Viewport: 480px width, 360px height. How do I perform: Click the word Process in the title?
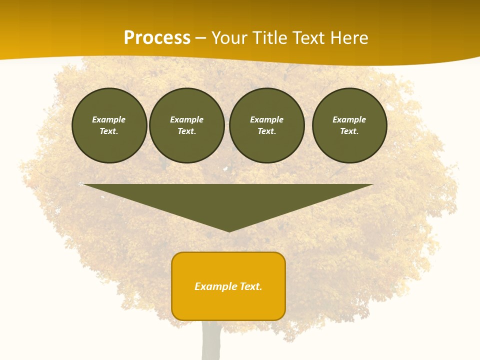[157, 38]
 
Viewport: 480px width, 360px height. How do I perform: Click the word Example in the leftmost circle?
[109, 119]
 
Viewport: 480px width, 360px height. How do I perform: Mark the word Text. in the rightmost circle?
[349, 131]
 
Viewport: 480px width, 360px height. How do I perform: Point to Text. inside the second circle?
[187, 131]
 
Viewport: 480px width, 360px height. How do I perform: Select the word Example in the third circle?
[267, 119]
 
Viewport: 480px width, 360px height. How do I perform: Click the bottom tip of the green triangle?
[229, 230]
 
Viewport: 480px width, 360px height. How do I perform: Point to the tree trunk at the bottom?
[211, 342]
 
